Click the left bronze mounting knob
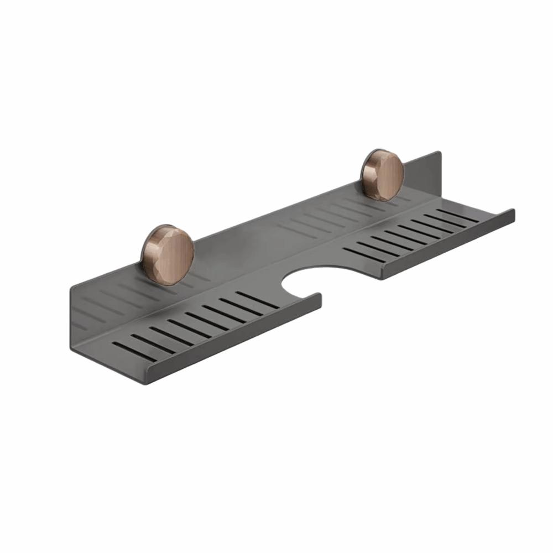click(x=167, y=254)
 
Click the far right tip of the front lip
click(x=513, y=212)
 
